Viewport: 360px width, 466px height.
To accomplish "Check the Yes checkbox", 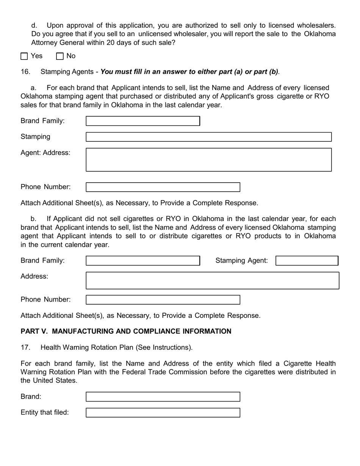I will tap(24, 56).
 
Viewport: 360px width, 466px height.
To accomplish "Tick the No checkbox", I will tap(60, 56).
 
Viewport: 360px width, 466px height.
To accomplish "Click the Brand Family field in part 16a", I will tap(143, 121).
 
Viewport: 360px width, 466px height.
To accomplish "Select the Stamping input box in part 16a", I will tap(208, 137).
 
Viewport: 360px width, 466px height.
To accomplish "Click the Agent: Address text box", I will tap(208, 160).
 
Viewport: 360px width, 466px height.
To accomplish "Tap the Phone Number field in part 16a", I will tap(163, 187).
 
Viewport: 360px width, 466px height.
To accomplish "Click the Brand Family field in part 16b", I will tap(143, 261).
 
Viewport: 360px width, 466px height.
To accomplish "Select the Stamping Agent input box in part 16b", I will tap(307, 261).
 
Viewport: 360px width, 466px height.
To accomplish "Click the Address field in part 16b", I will tap(212, 280).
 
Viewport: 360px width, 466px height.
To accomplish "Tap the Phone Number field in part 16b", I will tap(163, 300).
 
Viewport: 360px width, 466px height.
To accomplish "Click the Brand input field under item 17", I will tap(163, 397).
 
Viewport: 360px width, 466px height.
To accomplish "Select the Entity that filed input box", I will tap(163, 413).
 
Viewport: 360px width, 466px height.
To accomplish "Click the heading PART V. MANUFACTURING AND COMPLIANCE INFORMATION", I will tap(126, 332).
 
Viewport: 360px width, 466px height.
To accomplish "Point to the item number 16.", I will tap(25, 72).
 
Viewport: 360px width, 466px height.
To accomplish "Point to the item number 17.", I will tap(25, 347).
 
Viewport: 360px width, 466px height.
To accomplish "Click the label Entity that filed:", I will tap(45, 413).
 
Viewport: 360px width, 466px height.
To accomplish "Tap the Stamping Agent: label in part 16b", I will tap(241, 261).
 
